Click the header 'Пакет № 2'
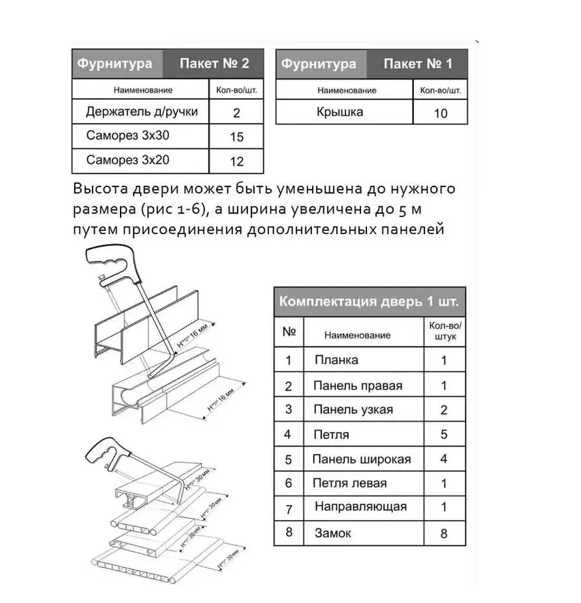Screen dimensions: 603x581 click(x=215, y=65)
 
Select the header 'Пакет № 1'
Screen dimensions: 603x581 click(x=418, y=65)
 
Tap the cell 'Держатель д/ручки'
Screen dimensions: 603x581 click(x=142, y=112)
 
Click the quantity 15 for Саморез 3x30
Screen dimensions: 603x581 click(x=236, y=137)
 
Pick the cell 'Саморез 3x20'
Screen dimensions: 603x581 click(x=127, y=161)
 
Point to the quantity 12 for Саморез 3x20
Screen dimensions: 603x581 click(x=236, y=161)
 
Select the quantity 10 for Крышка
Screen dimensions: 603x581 click(x=441, y=113)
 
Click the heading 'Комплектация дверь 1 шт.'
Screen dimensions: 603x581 click(x=370, y=301)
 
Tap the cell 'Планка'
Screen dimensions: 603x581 click(x=336, y=360)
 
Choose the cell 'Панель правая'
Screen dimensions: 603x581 click(x=358, y=385)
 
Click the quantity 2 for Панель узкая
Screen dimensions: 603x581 click(x=444, y=410)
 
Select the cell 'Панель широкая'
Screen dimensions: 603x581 click(x=361, y=459)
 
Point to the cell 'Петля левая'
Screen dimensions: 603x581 click(x=349, y=483)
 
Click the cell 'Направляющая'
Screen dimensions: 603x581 click(x=360, y=507)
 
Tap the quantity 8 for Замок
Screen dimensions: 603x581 click(x=444, y=534)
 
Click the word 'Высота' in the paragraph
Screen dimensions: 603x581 click(x=99, y=189)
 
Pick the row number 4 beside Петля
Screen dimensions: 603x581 click(x=289, y=434)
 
